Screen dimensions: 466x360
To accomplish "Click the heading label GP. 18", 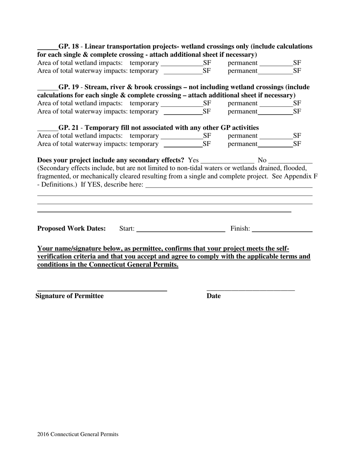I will pyautogui.click(x=69, y=47).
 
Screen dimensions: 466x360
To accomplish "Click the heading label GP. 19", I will pyautogui.click(x=69, y=87).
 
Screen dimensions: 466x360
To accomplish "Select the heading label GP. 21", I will pyautogui.click(x=69, y=128).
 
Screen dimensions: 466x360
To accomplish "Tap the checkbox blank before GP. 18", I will pyautogui.click(x=47, y=48).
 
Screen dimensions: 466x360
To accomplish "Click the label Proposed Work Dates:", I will pyautogui.click(x=71, y=228).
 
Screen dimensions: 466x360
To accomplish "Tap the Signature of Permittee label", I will pyautogui.click(x=69, y=296).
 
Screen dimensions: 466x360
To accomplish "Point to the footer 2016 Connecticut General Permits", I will pyautogui.click(x=78, y=434).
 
